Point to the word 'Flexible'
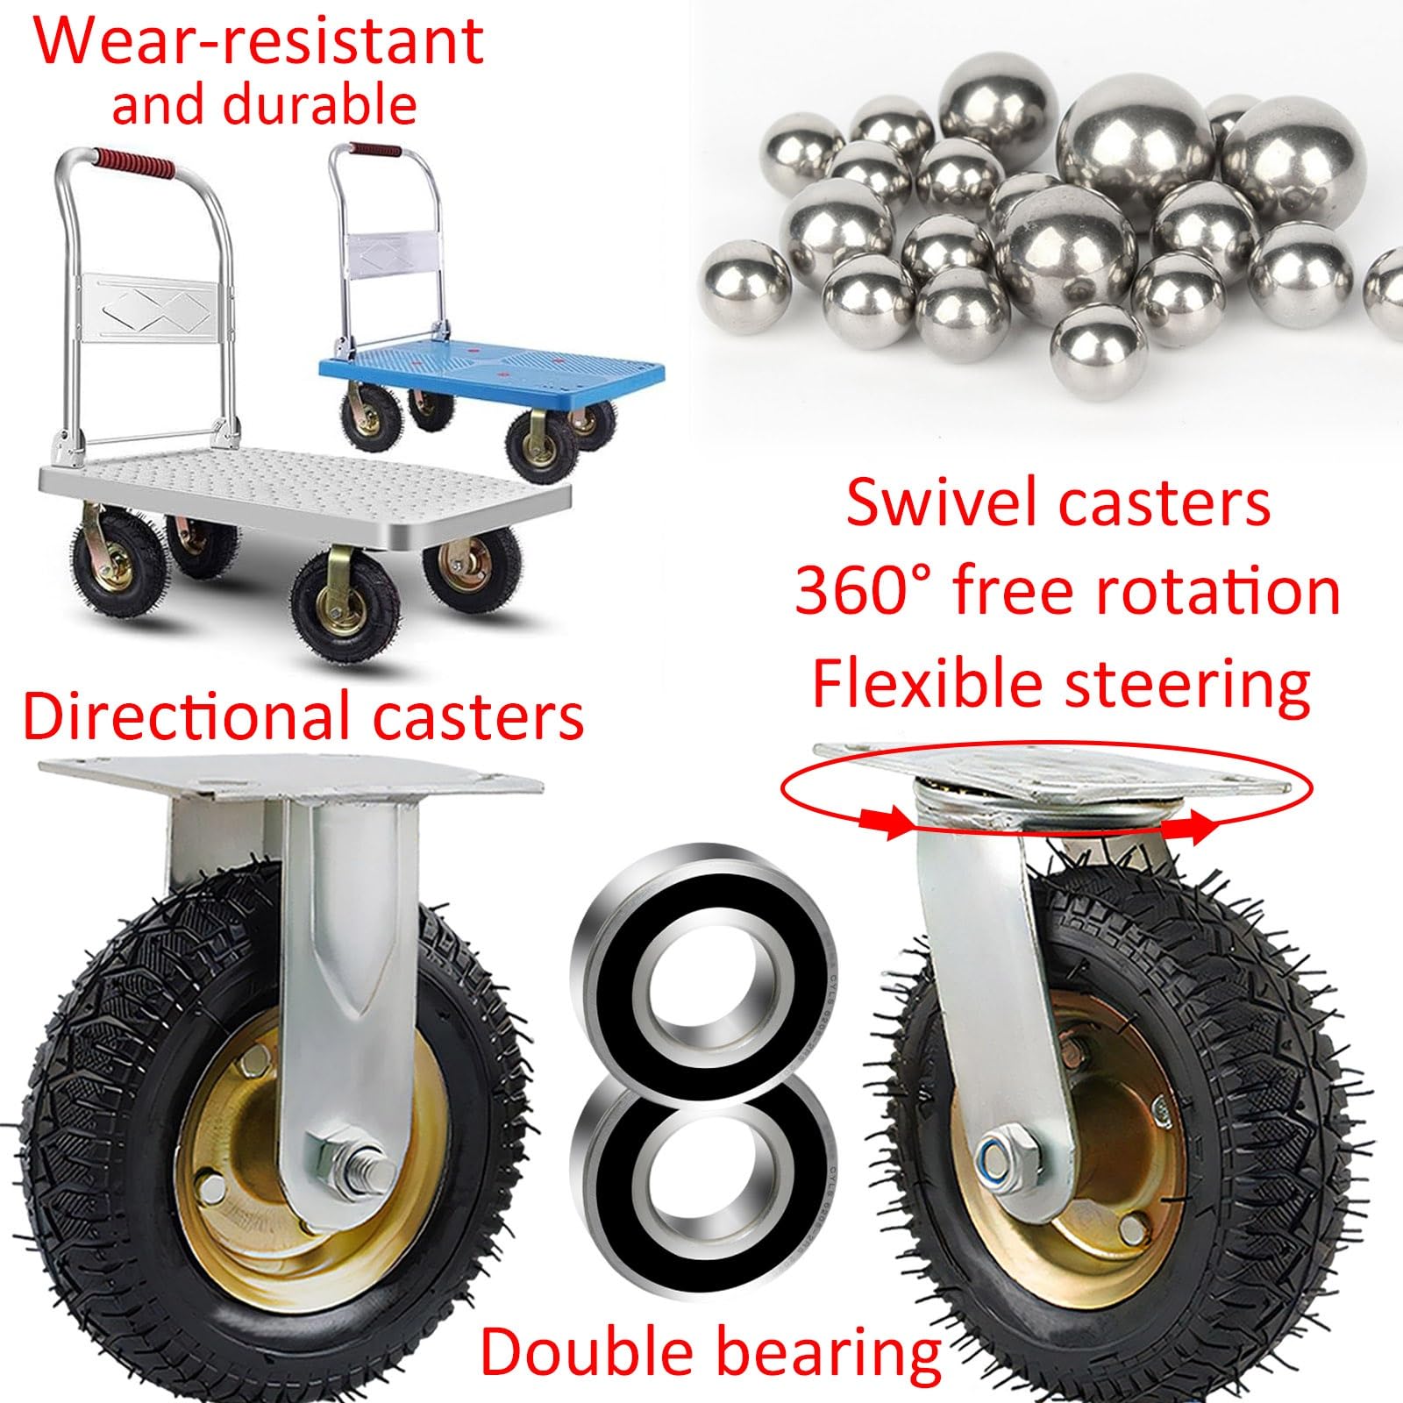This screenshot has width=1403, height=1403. tap(929, 683)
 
